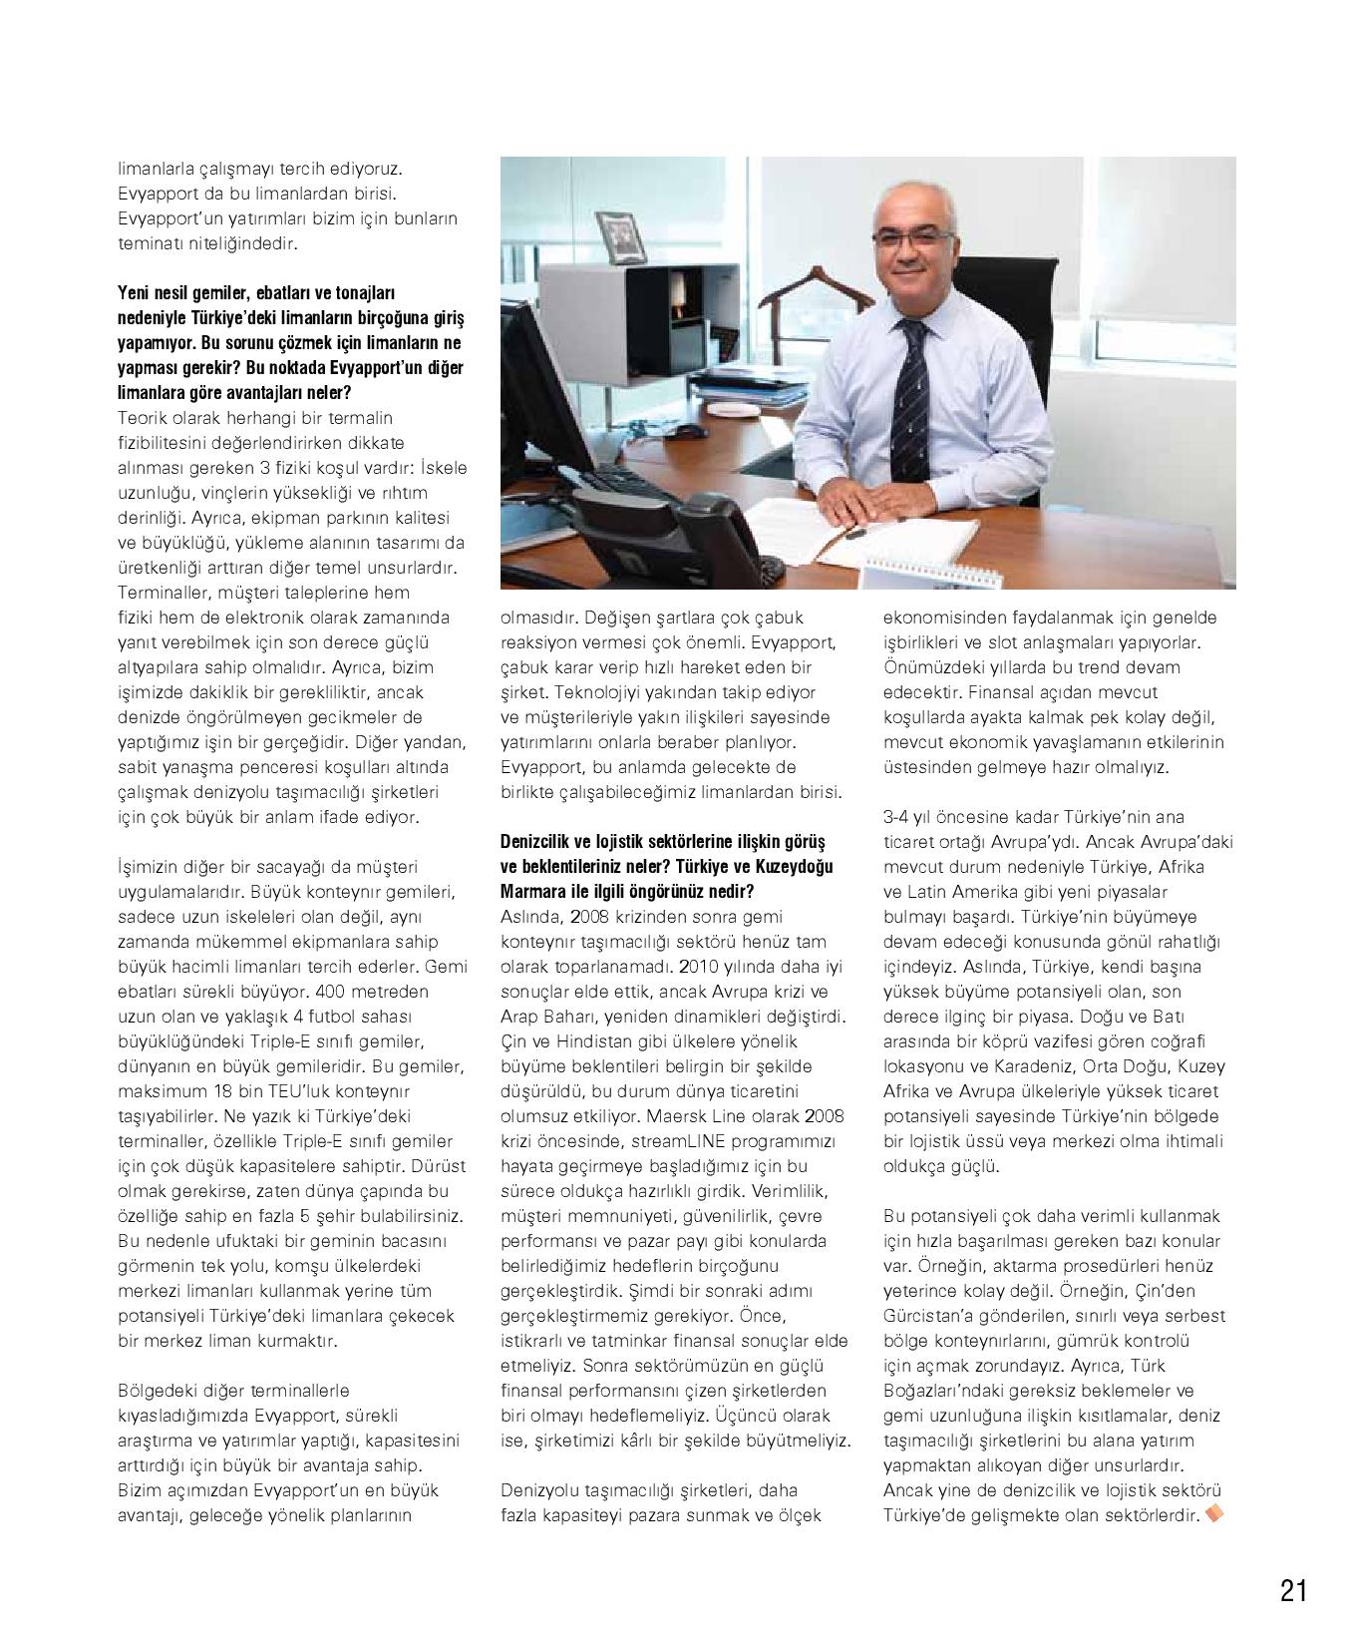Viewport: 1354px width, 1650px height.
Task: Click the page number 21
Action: pos(1293,1590)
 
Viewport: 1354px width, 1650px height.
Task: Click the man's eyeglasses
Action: pos(912,237)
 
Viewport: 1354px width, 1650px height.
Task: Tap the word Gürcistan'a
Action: pos(930,1316)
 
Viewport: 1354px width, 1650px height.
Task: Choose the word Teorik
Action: pos(142,418)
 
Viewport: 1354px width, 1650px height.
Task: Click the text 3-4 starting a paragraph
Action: pos(895,817)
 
